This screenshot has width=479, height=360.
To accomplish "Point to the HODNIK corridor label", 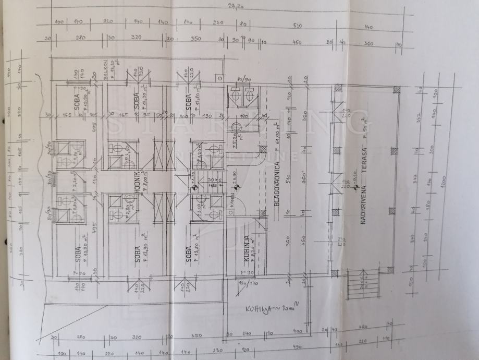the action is tap(136, 182).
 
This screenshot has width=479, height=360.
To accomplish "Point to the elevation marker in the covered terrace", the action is tap(354, 187).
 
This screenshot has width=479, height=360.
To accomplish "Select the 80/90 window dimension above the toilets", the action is tap(243, 79).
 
